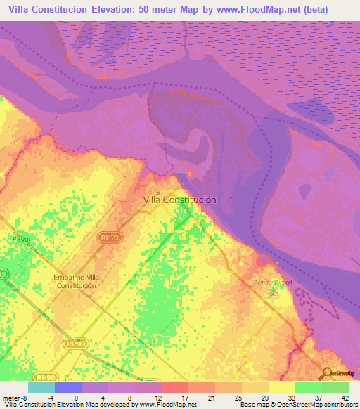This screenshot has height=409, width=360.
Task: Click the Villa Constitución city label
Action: [179, 200]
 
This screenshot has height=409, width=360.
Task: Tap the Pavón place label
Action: [22, 239]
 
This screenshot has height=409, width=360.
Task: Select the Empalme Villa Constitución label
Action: [76, 281]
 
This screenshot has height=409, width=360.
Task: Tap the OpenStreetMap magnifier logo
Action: [326, 372]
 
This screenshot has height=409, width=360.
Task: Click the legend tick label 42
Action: [345, 398]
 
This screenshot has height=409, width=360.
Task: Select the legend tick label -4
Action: [51, 398]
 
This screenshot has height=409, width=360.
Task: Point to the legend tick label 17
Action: [185, 398]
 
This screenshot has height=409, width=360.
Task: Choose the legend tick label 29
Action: [265, 398]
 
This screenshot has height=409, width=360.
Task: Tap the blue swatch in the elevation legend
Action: [67, 387]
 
